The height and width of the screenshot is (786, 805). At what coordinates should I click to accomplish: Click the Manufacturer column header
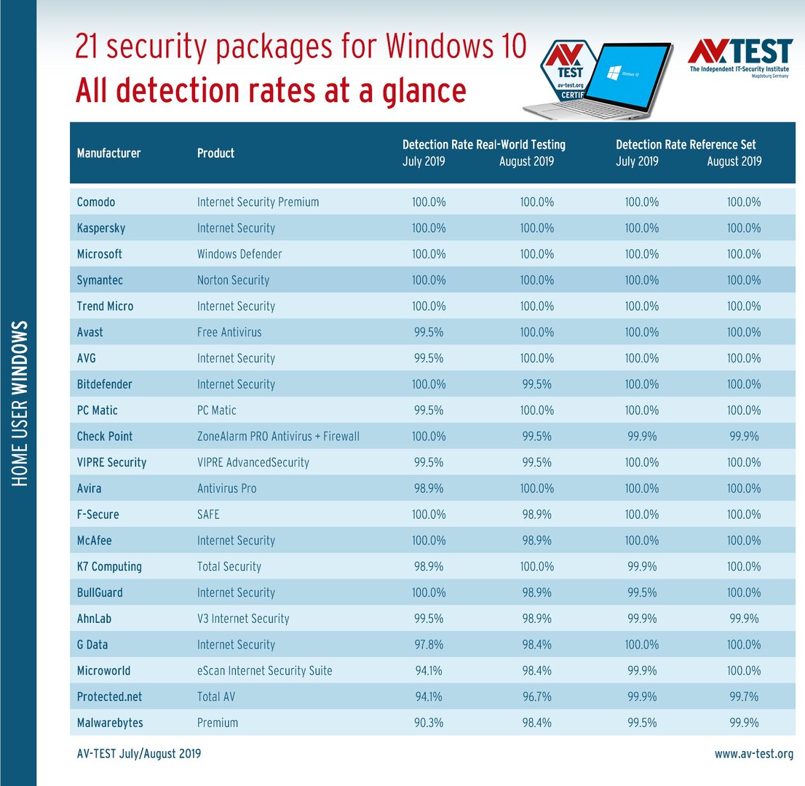tap(108, 153)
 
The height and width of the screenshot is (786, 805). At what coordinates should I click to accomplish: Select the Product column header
tap(215, 153)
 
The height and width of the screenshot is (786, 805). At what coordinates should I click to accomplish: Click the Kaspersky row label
tap(101, 228)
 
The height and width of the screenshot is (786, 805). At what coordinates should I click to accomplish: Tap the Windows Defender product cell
tap(239, 254)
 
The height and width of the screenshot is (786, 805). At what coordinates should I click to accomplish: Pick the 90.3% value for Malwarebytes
tap(429, 723)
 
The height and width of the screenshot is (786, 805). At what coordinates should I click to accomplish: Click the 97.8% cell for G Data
tap(429, 644)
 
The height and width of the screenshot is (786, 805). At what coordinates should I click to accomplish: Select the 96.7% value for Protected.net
tap(536, 696)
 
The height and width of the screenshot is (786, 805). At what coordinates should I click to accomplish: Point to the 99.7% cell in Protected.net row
tap(743, 696)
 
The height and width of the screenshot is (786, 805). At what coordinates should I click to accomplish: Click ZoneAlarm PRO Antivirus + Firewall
tap(278, 436)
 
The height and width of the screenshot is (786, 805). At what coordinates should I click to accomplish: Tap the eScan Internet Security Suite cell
tap(264, 670)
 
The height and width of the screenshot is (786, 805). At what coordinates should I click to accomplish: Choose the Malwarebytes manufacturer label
tap(110, 723)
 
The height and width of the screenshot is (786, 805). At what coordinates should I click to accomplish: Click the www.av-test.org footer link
tap(754, 754)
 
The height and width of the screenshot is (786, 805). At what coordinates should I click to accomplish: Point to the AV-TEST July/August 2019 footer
tap(139, 754)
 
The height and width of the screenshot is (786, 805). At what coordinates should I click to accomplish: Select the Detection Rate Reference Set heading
tap(686, 144)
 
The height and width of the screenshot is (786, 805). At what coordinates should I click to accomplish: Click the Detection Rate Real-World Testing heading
tap(483, 144)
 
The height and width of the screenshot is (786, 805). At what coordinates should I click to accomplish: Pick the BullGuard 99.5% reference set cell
tap(641, 592)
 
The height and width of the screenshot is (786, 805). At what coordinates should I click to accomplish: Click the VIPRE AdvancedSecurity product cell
tap(253, 462)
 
